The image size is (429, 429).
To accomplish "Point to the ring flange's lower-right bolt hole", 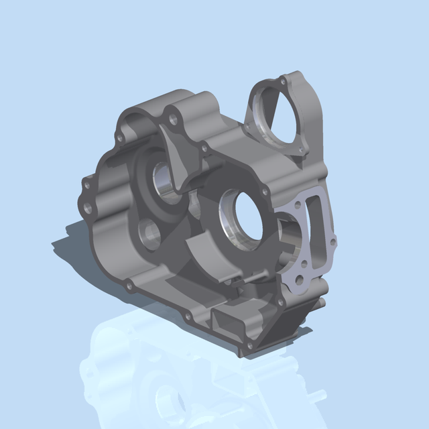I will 300,155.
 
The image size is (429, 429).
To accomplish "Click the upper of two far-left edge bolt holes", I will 87,183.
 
